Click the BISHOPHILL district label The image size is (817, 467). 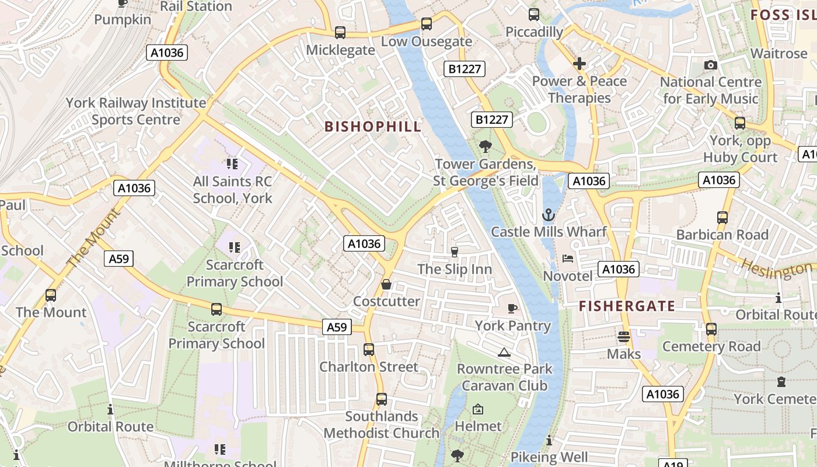(x=372, y=127)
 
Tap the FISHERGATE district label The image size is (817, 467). (x=627, y=306)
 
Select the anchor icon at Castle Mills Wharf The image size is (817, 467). (x=548, y=215)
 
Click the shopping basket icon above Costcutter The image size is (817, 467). (x=386, y=284)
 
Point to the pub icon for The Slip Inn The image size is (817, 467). (x=455, y=252)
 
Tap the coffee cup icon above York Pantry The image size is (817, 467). (x=512, y=308)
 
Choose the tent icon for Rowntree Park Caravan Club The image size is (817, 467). (x=504, y=352)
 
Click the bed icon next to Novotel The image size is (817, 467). (x=568, y=259)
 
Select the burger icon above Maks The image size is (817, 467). (x=623, y=337)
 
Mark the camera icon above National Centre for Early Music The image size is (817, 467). (x=710, y=65)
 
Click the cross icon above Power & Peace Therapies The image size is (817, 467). (x=579, y=63)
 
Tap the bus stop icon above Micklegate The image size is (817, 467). (x=340, y=33)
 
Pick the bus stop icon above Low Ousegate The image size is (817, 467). (x=427, y=24)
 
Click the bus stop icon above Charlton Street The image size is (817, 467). (x=369, y=350)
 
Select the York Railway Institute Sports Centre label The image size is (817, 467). (x=135, y=111)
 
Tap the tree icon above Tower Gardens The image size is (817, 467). (x=485, y=147)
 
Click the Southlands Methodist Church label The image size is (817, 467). (x=381, y=424)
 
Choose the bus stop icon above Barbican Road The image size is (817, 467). (x=722, y=218)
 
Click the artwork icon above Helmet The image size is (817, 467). (x=478, y=409)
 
